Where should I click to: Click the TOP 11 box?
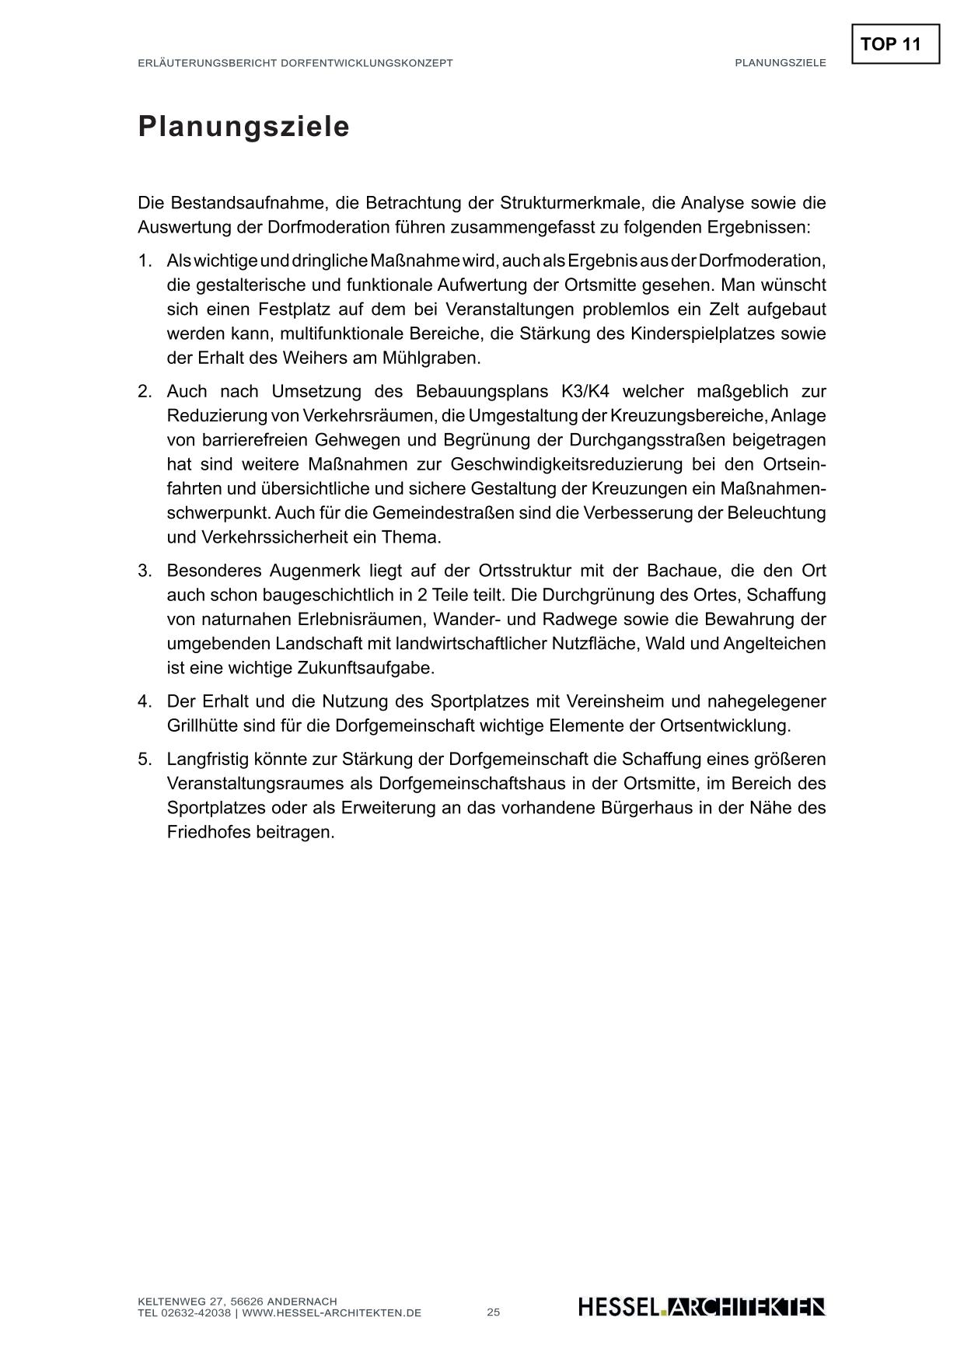coord(895,44)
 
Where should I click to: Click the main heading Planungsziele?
coord(243,127)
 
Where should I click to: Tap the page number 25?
coord(494,1312)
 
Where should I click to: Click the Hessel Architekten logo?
coord(701,1307)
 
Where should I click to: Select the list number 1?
coord(145,260)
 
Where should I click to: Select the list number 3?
coord(145,571)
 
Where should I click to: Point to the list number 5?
coord(145,760)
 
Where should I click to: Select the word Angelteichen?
coord(774,644)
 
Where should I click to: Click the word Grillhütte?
coord(206,726)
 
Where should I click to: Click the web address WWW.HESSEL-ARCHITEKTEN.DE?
coord(332,1313)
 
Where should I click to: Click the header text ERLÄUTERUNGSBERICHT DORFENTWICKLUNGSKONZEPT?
coord(295,63)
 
